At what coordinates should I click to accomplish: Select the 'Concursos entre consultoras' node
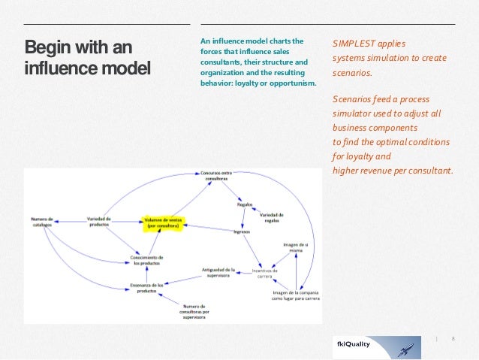click(215, 175)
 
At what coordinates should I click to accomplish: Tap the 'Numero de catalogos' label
click(42, 222)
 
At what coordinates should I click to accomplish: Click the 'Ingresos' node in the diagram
click(241, 232)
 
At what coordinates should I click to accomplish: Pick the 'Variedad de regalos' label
click(272, 217)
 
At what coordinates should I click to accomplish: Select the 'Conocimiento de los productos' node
click(147, 260)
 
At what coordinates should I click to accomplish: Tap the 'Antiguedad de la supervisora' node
click(218, 272)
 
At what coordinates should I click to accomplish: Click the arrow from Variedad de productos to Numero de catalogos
click(68, 221)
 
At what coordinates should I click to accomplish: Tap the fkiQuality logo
click(376, 346)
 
